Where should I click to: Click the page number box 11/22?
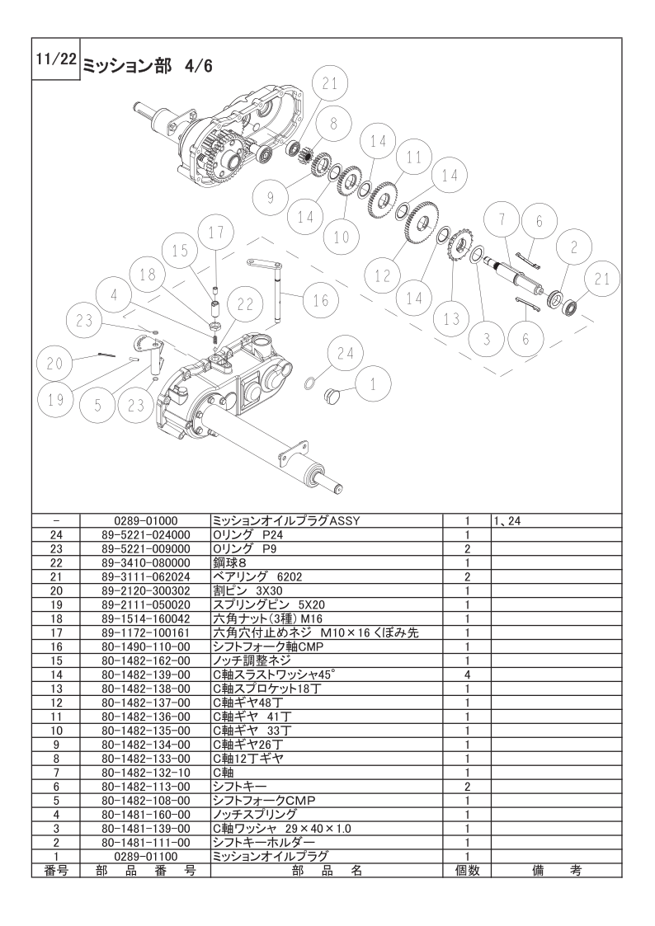click(55, 60)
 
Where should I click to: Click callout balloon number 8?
click(332, 125)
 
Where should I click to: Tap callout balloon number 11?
click(413, 157)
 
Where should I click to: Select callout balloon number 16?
click(320, 301)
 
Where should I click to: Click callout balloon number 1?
click(372, 383)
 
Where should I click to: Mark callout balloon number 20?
click(55, 363)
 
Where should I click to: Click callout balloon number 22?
click(244, 304)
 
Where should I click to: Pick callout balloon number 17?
click(215, 233)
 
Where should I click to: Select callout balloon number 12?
click(382, 276)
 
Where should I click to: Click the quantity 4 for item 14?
click(467, 674)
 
